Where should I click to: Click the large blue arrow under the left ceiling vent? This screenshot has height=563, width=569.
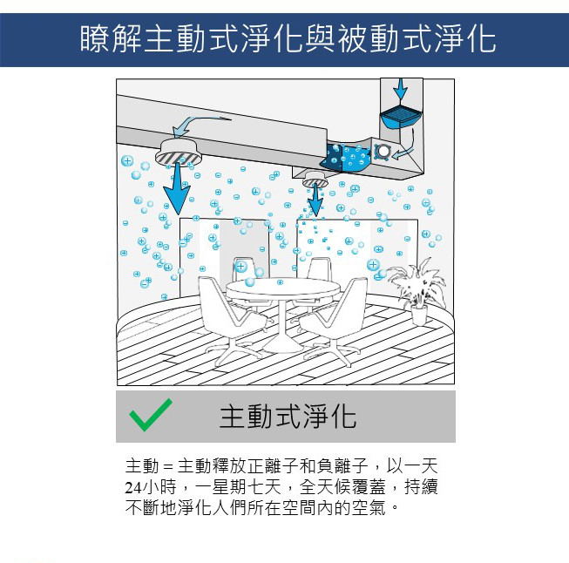point(177,193)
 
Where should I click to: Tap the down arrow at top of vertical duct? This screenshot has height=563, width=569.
point(401,89)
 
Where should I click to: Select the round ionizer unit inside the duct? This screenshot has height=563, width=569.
point(383,151)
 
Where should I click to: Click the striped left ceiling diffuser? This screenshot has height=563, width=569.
point(178,152)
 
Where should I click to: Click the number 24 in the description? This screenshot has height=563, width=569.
point(133,487)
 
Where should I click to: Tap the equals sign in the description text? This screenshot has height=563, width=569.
point(168,467)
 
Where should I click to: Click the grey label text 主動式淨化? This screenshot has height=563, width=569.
point(288,417)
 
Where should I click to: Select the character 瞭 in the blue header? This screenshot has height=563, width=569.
point(95,39)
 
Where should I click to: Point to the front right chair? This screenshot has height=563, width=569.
point(332,320)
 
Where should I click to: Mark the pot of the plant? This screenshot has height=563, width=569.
point(419,315)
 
